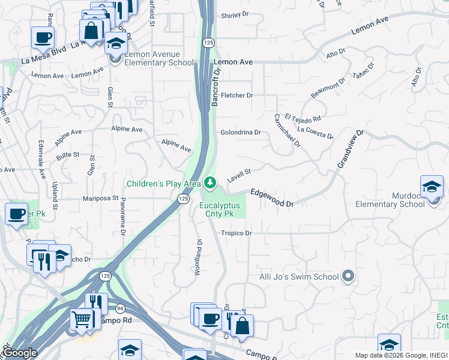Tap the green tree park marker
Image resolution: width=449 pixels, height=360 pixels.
pos(209,182)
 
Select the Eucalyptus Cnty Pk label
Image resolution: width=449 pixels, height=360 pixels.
pos(220,209)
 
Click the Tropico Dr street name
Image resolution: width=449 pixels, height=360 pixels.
pos(236,233)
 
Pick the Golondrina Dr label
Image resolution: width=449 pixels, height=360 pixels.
pos(240,132)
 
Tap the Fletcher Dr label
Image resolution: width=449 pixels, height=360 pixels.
pos(237,95)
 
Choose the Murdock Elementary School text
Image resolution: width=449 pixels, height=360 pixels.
pos(390,200)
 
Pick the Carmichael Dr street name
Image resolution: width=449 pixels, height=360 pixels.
pos(286,130)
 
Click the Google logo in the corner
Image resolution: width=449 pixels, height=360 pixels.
pos(19,353)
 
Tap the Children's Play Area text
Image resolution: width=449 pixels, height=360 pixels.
pos(163,183)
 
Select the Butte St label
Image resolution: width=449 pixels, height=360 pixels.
pos(68,155)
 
